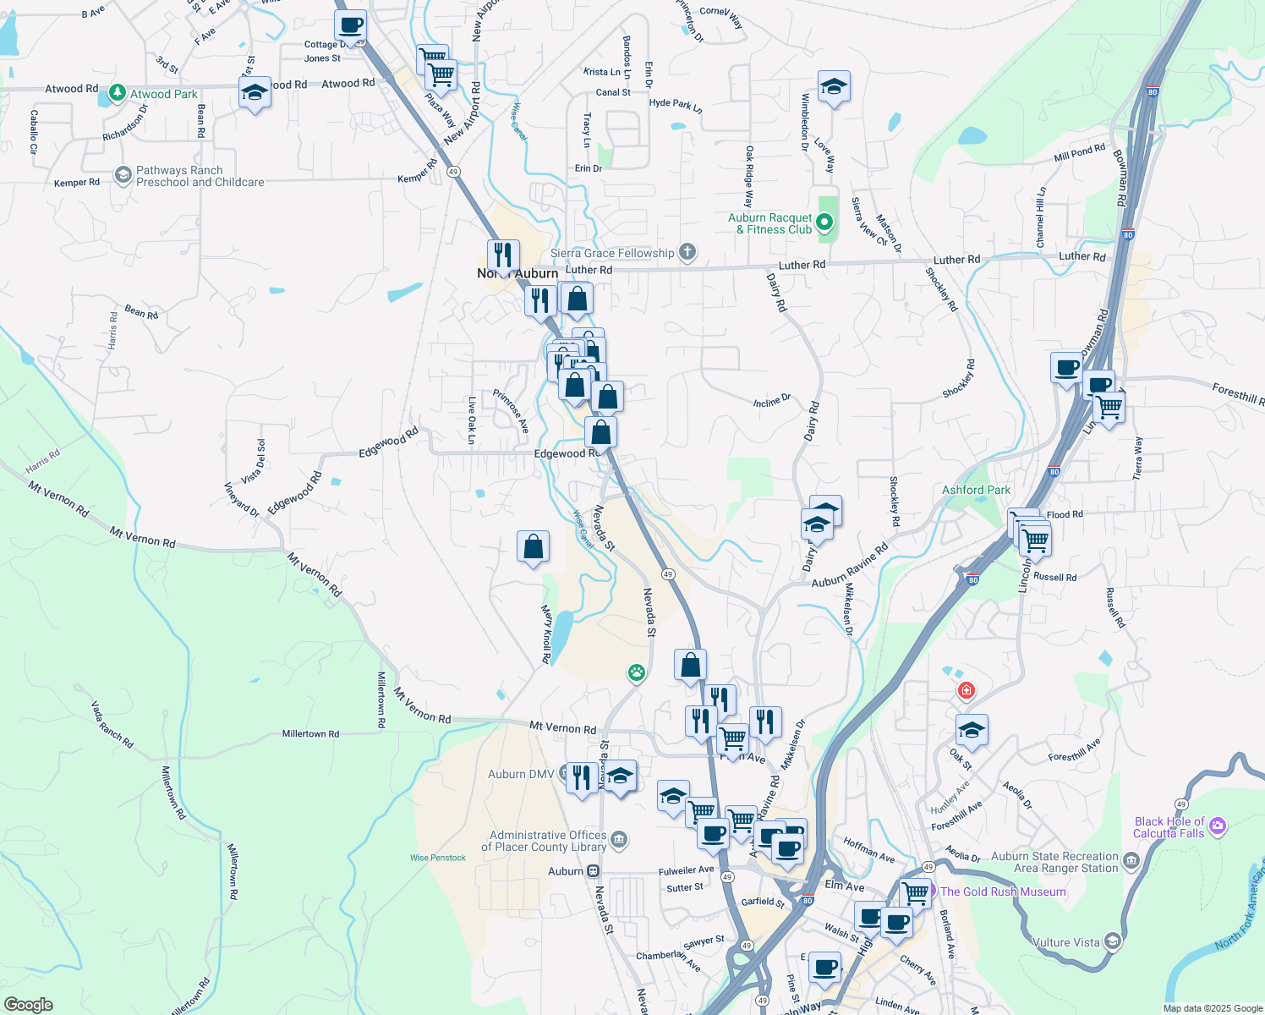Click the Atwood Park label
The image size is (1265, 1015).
click(x=163, y=94)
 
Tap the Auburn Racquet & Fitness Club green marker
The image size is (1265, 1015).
click(x=824, y=223)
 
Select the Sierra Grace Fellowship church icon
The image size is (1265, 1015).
click(x=687, y=251)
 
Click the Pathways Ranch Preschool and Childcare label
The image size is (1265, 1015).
click(x=200, y=176)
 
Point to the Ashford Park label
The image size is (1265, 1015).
click(x=976, y=490)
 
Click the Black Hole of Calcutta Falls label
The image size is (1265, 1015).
click(x=1169, y=827)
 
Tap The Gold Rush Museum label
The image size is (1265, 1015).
click(x=1003, y=892)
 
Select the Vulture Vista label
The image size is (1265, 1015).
click(x=1065, y=942)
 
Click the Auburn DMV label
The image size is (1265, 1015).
click(x=521, y=774)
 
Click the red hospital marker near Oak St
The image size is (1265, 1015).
click(x=966, y=691)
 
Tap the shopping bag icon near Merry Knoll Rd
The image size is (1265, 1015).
click(x=533, y=547)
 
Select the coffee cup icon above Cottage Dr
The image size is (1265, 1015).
click(x=350, y=25)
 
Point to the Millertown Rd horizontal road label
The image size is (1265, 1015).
click(x=310, y=734)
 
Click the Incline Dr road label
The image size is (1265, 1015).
click(x=771, y=401)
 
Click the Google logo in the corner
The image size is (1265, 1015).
click(x=28, y=1005)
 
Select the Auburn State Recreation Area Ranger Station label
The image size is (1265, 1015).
click(x=1054, y=862)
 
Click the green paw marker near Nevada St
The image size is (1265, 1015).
click(x=636, y=672)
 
